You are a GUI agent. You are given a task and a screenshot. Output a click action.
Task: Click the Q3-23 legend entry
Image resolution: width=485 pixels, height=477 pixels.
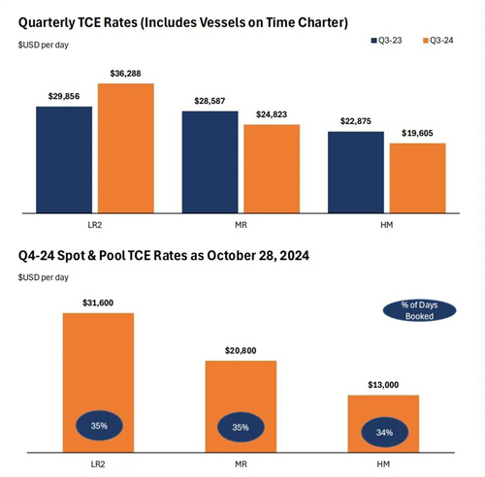coord(387,41)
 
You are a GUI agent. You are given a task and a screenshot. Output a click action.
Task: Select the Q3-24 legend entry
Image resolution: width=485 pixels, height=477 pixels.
coord(438,41)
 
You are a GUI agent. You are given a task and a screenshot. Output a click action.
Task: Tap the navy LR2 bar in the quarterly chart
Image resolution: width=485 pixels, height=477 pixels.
coord(64,160)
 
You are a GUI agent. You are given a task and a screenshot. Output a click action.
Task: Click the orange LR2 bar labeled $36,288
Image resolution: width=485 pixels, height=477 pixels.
coord(126,148)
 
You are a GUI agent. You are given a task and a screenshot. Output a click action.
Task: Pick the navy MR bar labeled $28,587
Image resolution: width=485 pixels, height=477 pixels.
coord(210,162)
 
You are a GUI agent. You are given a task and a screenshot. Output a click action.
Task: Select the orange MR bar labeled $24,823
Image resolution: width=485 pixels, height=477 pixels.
coord(272,169)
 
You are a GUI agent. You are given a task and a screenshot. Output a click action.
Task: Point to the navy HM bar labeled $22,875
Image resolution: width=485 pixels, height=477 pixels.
coord(356,173)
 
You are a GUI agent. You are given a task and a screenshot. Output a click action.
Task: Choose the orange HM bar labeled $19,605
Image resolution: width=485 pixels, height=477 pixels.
coord(418,178)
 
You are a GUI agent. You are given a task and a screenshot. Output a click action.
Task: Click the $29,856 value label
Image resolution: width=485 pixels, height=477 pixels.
coord(64,96)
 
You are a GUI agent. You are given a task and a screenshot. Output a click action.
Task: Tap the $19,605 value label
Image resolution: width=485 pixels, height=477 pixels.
coord(417,133)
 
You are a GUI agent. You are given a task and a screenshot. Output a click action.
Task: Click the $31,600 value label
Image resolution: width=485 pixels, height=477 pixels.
coord(98,302)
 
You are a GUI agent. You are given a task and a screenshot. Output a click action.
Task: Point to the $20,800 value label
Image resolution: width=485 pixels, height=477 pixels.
coord(241,351)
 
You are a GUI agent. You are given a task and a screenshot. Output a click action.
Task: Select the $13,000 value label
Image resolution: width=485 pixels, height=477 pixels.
coord(383,385)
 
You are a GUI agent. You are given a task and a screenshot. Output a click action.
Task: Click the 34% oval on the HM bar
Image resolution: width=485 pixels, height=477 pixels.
coord(384,432)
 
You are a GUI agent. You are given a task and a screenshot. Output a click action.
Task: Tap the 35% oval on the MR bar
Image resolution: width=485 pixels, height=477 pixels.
coord(241,427)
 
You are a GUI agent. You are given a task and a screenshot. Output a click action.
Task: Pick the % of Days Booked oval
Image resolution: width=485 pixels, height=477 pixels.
coord(419,310)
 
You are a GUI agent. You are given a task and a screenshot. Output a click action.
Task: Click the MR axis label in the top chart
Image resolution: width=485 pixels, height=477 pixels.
coord(241,225)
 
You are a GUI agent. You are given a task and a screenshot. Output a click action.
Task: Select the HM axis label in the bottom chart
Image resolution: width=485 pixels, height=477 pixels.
coord(383,464)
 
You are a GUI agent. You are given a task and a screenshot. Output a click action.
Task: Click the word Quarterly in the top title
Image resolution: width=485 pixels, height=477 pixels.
coord(47,23)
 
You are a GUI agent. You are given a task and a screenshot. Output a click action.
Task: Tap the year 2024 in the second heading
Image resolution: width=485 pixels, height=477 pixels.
coord(295,255)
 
